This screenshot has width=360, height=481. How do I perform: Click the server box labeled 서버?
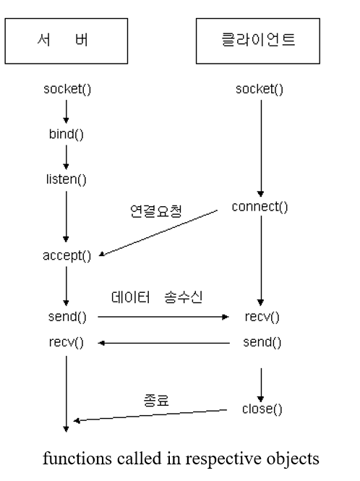pos(66,41)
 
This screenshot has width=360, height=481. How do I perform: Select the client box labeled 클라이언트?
pos(257,41)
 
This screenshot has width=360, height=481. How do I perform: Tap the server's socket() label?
pos(67,89)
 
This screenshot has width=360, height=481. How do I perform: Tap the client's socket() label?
pos(260,89)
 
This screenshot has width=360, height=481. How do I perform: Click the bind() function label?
pos(67,135)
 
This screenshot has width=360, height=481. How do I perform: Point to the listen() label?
pos(67,179)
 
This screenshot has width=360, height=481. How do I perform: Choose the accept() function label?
pos(67,255)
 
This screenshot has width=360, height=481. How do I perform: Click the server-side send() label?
pos(67,317)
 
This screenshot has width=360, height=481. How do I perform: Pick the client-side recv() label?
pos(262,317)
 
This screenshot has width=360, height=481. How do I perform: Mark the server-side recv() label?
pos(67,342)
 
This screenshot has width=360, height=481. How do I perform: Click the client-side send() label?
pos(262,341)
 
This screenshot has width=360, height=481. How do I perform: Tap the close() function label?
pos(262,409)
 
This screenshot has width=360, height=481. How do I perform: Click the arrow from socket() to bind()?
pos(67,111)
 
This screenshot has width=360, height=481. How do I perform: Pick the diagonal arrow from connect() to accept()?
pos(159,232)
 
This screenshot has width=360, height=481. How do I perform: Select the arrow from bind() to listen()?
pos(67,156)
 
